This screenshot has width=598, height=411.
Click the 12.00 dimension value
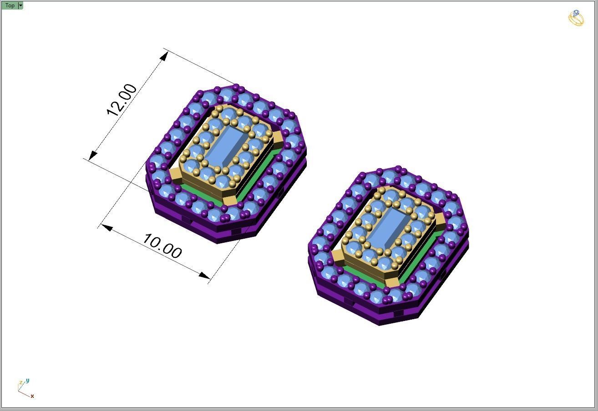(122, 100)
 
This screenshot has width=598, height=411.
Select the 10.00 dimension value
(162, 246)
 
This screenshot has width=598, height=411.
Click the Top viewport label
(10, 5)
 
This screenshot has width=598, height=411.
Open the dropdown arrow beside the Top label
(20, 5)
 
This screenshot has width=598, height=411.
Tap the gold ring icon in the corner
(576, 18)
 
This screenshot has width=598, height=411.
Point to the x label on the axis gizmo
(32, 396)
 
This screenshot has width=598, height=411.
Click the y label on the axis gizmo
(28, 381)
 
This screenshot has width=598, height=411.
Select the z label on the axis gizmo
(20, 383)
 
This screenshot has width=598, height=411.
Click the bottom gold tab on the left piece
(228, 200)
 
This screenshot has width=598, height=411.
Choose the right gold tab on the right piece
(440, 221)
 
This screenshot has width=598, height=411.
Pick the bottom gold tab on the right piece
(392, 283)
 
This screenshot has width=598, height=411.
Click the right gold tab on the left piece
(276, 138)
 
